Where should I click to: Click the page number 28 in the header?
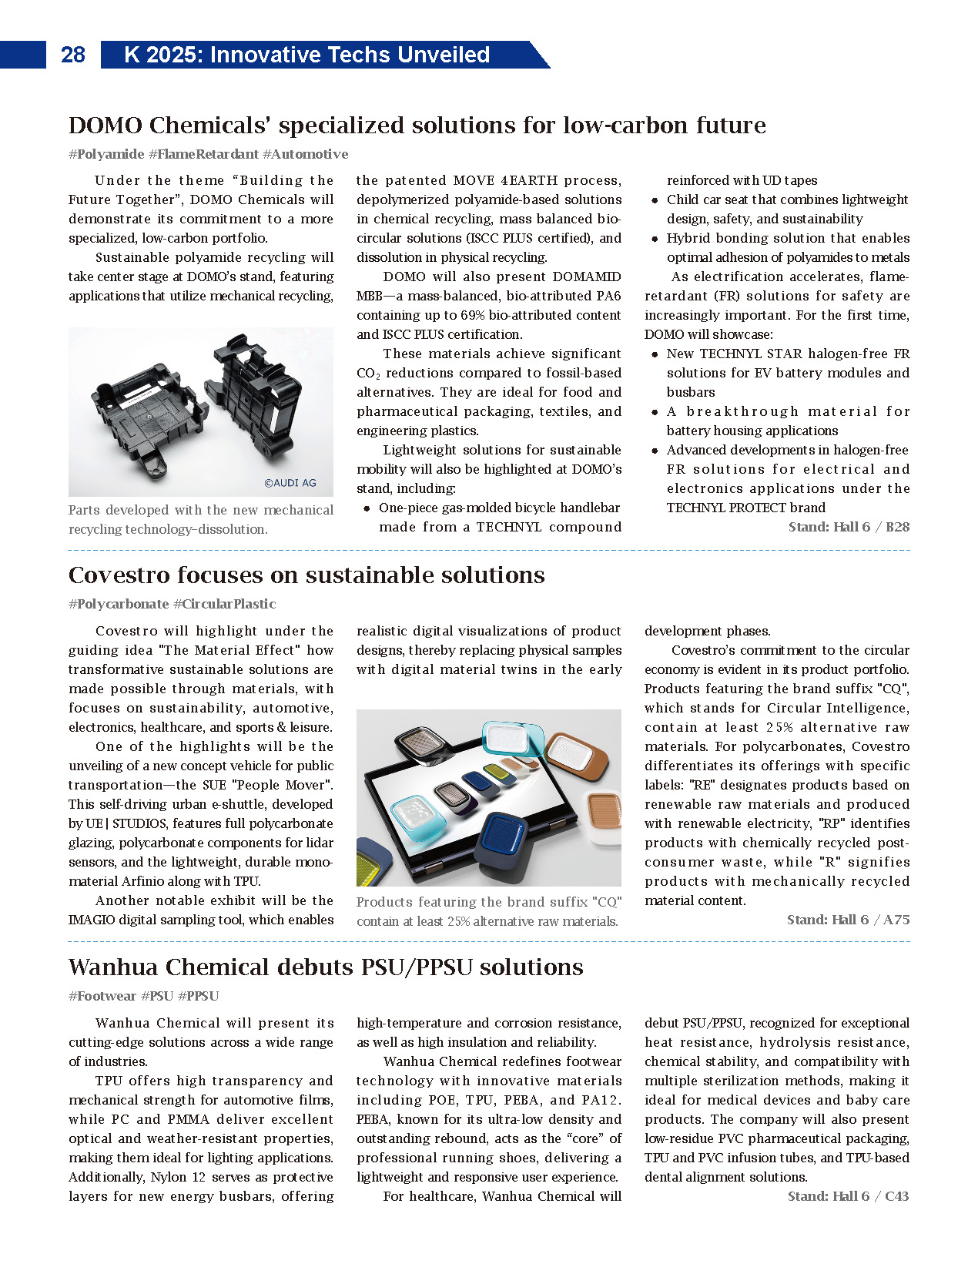pyautogui.click(x=73, y=55)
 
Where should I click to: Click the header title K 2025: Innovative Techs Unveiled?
pyautogui.click(x=306, y=55)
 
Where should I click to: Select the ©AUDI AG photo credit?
pyautogui.click(x=290, y=483)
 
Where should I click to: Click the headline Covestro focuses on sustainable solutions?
pyautogui.click(x=306, y=575)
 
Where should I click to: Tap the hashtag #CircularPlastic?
pyautogui.click(x=224, y=604)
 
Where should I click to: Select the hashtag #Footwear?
pyautogui.click(x=102, y=996)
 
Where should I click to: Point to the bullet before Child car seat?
pyautogui.click(x=655, y=200)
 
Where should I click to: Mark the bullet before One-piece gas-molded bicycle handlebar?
pyautogui.click(x=367, y=508)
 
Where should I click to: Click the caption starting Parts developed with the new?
pyautogui.click(x=200, y=519)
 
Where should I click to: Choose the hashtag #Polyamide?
pyautogui.click(x=106, y=154)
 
